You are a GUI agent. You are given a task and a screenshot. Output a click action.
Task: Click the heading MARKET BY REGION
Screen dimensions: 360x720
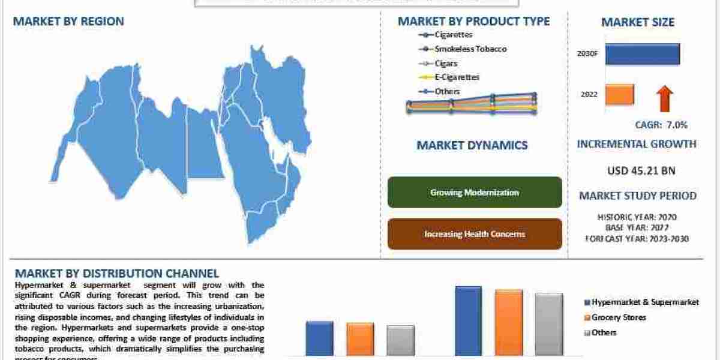[x=68, y=22]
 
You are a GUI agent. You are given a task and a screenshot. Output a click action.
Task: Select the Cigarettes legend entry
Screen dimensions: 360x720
[x=445, y=35]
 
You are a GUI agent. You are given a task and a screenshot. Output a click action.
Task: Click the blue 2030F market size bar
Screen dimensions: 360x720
[x=642, y=54]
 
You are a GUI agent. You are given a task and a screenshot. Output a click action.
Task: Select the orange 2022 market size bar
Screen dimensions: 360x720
[x=619, y=95]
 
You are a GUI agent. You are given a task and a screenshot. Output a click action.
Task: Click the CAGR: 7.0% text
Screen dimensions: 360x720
[x=661, y=125]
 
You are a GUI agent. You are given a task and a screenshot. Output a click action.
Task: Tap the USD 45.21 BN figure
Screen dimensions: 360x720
[x=641, y=170]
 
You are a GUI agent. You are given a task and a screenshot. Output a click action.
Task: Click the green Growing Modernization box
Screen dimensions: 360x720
[x=475, y=193]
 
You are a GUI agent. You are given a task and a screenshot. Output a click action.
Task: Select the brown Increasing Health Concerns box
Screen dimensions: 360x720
[x=475, y=234]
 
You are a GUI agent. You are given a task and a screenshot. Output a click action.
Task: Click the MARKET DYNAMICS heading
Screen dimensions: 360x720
[x=472, y=145]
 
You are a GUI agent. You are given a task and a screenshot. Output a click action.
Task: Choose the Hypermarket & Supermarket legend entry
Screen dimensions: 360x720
[x=645, y=302]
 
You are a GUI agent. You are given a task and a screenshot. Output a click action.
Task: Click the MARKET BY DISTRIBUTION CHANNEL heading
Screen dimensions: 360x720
[x=116, y=274]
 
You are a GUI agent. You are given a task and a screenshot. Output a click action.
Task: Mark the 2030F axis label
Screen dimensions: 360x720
[x=587, y=53]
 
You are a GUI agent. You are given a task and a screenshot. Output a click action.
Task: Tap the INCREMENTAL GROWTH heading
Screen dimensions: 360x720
[x=637, y=144]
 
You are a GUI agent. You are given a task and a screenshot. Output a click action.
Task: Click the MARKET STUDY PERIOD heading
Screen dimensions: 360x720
[x=637, y=196]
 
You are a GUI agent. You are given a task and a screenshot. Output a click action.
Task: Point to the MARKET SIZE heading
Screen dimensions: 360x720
[x=638, y=22]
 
